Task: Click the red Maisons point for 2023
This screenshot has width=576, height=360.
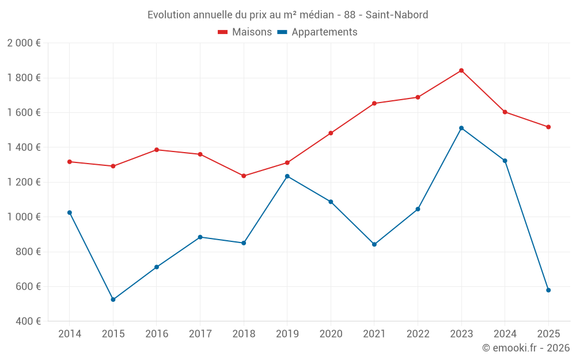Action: [461, 70]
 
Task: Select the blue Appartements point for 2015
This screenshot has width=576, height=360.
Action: [113, 300]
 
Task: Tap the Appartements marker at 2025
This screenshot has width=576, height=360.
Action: [548, 290]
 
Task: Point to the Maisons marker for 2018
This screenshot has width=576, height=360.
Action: [244, 176]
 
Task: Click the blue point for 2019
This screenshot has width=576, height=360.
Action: [287, 176]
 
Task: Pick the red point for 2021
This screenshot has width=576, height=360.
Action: [374, 103]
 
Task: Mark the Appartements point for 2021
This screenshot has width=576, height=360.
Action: [374, 244]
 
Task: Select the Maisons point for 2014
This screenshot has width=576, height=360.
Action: [70, 162]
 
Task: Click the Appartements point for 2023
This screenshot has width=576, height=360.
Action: [461, 128]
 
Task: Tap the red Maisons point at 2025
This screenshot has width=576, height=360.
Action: [548, 127]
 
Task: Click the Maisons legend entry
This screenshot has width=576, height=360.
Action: [245, 32]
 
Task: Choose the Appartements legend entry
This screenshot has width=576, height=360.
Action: [317, 32]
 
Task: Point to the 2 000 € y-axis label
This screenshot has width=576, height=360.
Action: [24, 43]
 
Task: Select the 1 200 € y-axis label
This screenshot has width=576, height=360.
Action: [24, 182]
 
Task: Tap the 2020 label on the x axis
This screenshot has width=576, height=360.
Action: [331, 334]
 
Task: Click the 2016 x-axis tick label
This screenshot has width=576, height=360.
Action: [157, 334]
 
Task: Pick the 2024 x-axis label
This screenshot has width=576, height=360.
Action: [505, 334]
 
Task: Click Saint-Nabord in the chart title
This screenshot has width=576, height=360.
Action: [397, 15]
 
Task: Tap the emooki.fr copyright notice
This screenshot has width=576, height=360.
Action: [525, 348]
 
